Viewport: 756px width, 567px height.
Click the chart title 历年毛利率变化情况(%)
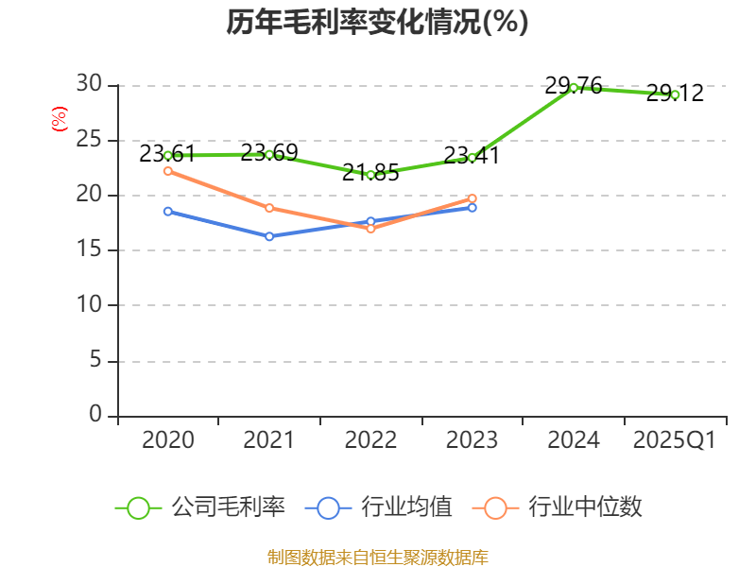(x=377, y=22)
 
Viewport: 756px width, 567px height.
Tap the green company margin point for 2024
(x=574, y=87)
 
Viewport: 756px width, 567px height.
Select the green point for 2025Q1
(x=675, y=94)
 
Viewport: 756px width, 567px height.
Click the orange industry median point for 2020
(x=168, y=171)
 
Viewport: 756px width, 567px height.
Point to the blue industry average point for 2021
(x=269, y=236)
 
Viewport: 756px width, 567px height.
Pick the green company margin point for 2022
(x=370, y=175)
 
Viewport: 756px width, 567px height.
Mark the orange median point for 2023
(x=472, y=198)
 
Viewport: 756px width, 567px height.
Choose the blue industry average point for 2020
(x=168, y=211)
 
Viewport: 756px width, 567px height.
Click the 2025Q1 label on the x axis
(x=674, y=440)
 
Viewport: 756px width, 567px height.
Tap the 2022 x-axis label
(x=370, y=440)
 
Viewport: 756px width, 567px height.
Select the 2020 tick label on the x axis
(x=168, y=440)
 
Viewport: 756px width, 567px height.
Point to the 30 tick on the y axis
(x=89, y=84)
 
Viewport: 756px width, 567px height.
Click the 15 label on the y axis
(x=89, y=249)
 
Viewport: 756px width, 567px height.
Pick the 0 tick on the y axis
(x=95, y=415)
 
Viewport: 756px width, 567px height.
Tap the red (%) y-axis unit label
(x=60, y=119)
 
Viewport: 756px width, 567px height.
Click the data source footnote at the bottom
(x=377, y=557)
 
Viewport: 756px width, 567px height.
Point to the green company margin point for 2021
(x=269, y=154)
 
